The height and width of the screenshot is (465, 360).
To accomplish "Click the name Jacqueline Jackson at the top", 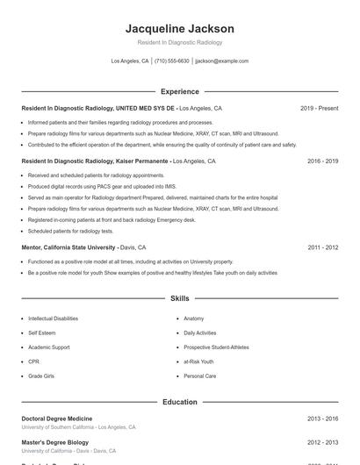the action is click(x=180, y=29).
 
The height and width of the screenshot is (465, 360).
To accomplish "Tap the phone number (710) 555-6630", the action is click(x=172, y=61).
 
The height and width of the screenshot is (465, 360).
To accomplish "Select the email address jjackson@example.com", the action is click(x=222, y=61).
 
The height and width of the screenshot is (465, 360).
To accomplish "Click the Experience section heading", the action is click(x=180, y=91).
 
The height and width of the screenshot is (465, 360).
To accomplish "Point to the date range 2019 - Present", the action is click(x=319, y=108).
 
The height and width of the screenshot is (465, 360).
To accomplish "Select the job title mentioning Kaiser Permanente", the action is click(x=97, y=161).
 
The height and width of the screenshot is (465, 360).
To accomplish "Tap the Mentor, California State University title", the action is click(x=69, y=247).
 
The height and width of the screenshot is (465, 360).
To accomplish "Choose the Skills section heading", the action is click(x=180, y=299).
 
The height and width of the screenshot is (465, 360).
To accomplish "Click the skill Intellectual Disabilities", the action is click(x=53, y=318).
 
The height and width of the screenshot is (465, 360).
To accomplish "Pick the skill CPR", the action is click(x=33, y=361).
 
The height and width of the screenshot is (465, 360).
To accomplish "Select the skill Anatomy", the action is click(x=194, y=318).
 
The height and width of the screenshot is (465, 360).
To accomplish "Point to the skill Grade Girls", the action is click(x=41, y=376).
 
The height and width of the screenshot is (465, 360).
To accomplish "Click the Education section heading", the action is click(x=180, y=402).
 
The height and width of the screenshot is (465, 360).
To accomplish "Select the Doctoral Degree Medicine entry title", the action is click(x=57, y=418).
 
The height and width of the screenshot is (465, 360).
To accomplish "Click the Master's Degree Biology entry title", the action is click(x=54, y=443).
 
